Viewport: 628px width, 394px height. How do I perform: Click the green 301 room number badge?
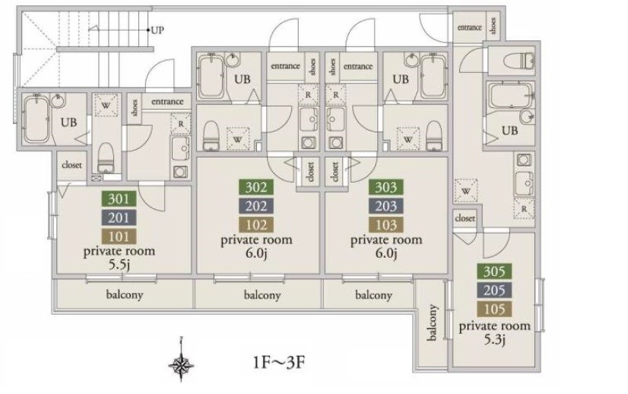point(119,199)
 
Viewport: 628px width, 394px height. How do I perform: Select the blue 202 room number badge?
point(256,206)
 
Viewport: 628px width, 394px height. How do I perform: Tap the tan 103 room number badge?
point(385,225)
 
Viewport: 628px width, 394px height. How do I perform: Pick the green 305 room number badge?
point(494,272)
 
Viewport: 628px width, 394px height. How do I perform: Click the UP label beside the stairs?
point(157,30)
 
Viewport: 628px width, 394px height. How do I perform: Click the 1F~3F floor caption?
point(279,362)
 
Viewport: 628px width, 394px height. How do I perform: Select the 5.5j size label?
point(119,265)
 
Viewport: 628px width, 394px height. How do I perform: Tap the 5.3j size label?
point(494,340)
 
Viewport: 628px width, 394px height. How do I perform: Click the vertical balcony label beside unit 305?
point(432,323)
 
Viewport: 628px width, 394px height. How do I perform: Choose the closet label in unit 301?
point(71,165)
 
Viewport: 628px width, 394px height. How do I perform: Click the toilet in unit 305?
point(519,62)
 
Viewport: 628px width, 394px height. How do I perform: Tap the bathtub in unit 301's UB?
point(36,119)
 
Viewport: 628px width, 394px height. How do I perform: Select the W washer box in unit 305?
point(466,191)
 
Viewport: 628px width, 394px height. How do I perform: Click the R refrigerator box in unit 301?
point(181,124)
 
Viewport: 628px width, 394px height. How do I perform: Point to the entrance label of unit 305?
point(469,27)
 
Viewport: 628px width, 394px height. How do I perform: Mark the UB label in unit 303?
point(401,79)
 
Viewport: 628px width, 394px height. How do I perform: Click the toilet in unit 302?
point(211,136)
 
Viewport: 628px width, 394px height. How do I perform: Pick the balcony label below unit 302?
point(262,295)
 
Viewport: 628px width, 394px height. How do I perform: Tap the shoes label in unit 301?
point(135,108)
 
